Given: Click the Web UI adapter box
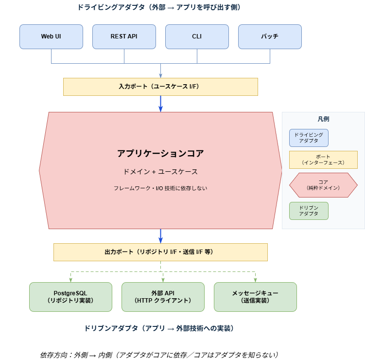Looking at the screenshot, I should [51, 36].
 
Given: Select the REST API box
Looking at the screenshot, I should [124, 36].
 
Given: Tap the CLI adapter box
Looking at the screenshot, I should [197, 36].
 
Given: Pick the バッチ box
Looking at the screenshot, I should [270, 36].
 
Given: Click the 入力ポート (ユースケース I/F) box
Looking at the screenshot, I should [160, 87].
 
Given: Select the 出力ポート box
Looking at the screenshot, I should [160, 252].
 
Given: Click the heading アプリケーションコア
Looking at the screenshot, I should [160, 154].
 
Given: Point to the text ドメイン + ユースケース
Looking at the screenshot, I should [160, 172].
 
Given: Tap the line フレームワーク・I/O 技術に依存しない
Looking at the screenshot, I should [160, 188].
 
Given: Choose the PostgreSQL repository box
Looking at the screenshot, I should [70, 297].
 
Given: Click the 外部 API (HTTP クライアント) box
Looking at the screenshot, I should [163, 297].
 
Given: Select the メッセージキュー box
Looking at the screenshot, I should [255, 297].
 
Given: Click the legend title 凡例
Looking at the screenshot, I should [323, 119].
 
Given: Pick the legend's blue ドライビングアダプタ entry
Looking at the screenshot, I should [309, 138].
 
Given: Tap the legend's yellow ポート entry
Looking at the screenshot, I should [323, 160].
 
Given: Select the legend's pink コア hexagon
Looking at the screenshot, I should [323, 185].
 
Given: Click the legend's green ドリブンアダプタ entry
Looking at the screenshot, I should [309, 211].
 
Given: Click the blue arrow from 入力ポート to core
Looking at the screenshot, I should [160, 104].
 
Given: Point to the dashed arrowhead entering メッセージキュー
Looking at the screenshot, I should [255, 280].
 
